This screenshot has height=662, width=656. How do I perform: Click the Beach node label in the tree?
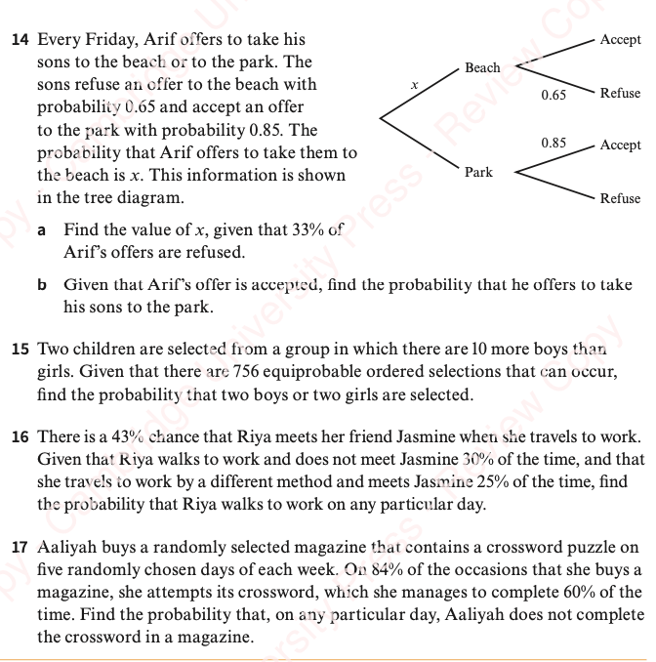(x=482, y=68)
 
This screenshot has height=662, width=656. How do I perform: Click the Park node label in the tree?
(x=478, y=173)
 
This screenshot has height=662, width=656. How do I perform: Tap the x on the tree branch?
(x=414, y=87)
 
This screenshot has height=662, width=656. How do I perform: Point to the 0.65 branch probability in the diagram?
(x=553, y=96)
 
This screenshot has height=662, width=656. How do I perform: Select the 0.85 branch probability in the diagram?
(x=553, y=143)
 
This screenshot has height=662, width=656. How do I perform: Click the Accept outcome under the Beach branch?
(x=621, y=40)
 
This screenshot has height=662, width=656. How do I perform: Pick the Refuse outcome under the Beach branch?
(x=621, y=94)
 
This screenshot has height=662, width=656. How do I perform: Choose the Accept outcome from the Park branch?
(x=621, y=145)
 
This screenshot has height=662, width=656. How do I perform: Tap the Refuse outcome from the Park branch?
(x=621, y=199)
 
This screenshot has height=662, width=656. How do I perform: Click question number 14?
(x=19, y=41)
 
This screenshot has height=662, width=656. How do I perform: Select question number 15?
(x=19, y=350)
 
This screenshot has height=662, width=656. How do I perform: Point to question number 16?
(x=19, y=437)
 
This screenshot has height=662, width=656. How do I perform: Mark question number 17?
(x=19, y=549)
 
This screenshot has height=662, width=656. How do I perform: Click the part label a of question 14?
(x=42, y=231)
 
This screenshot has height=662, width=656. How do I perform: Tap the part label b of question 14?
(x=43, y=286)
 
